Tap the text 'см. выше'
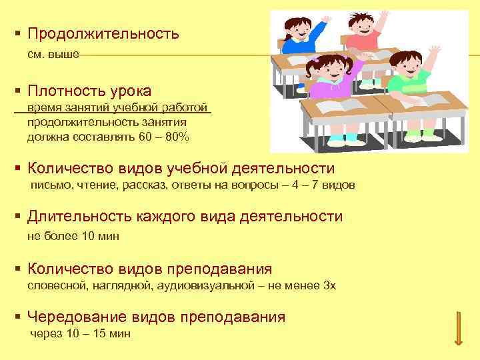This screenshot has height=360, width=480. pos(53,55)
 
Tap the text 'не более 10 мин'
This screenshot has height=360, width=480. pos(73,236)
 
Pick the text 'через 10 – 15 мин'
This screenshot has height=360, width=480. pos(81,333)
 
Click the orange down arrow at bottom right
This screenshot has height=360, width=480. pos(458,328)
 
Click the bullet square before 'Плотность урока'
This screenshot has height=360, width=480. pos(17,91)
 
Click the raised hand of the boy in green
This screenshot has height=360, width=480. pos(435,51)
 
